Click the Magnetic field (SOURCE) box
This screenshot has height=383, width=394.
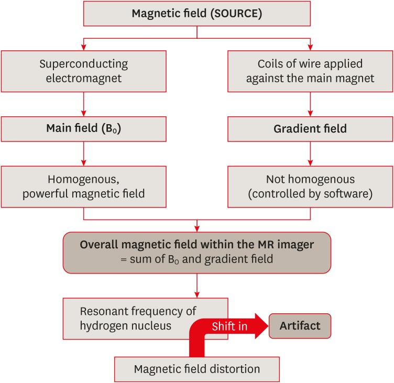click(196, 13)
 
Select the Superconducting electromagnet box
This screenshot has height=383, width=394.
click(84, 71)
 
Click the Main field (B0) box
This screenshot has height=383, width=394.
click(84, 129)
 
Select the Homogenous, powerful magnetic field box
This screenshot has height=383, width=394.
click(84, 186)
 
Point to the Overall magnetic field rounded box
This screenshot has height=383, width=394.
click(196, 253)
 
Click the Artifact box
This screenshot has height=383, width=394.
click(300, 326)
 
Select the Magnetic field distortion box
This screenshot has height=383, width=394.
click(196, 369)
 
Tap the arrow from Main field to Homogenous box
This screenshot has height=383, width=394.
click(84, 154)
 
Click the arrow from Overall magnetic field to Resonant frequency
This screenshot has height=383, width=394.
click(196, 286)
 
